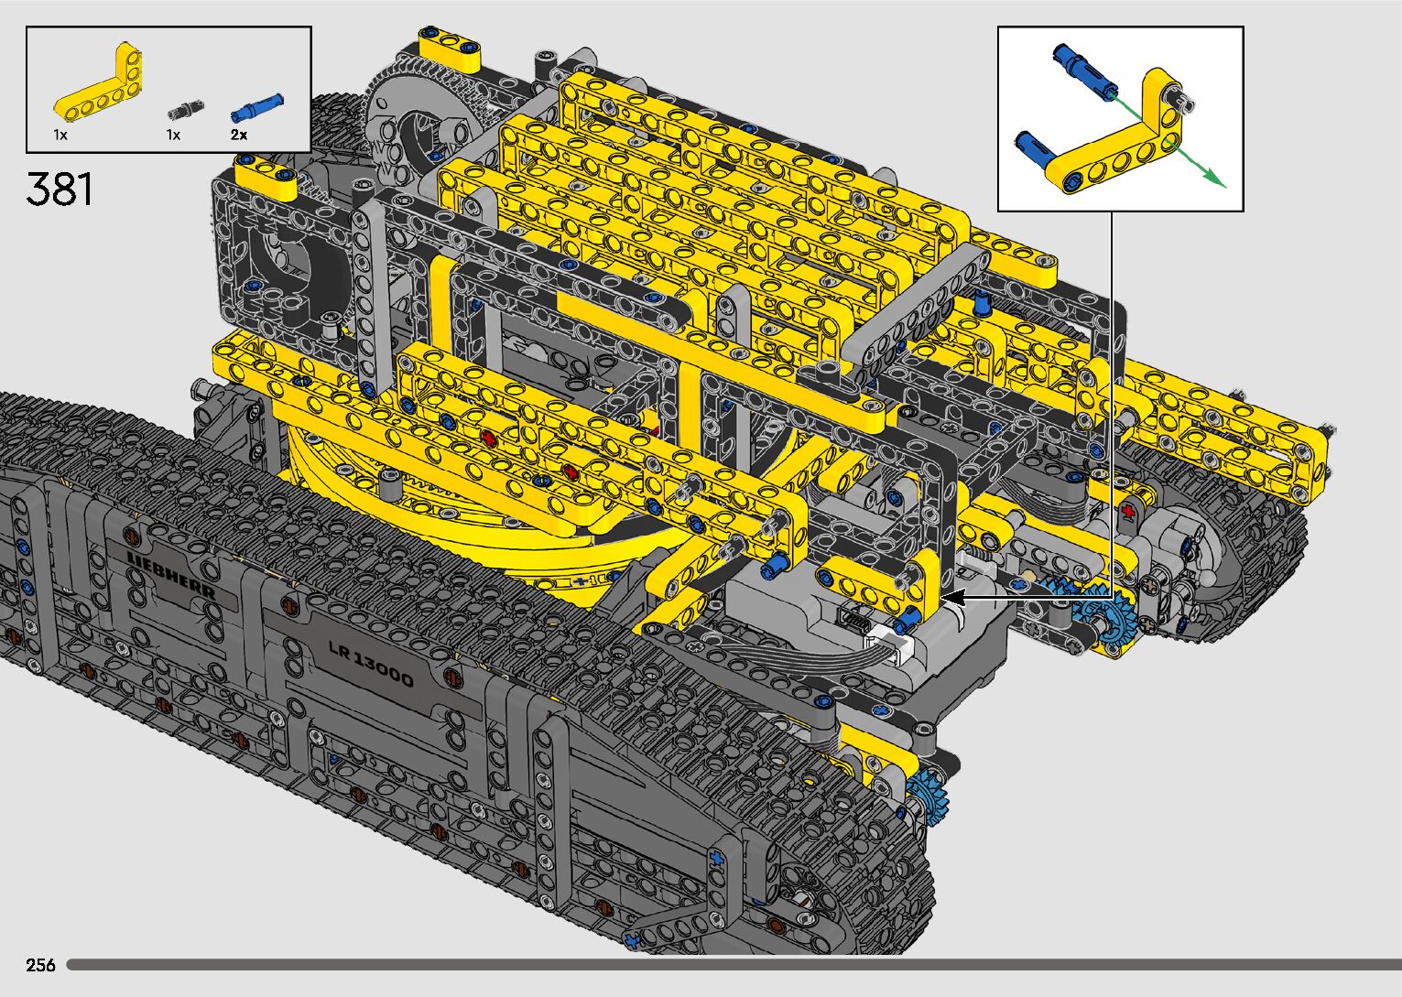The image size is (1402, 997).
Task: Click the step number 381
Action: coord(60,189)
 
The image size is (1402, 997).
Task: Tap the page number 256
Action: coord(40,965)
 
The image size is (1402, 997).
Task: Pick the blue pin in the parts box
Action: coord(256,108)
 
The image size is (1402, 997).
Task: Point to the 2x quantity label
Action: coord(238,135)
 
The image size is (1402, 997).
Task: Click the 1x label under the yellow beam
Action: coord(60,135)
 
